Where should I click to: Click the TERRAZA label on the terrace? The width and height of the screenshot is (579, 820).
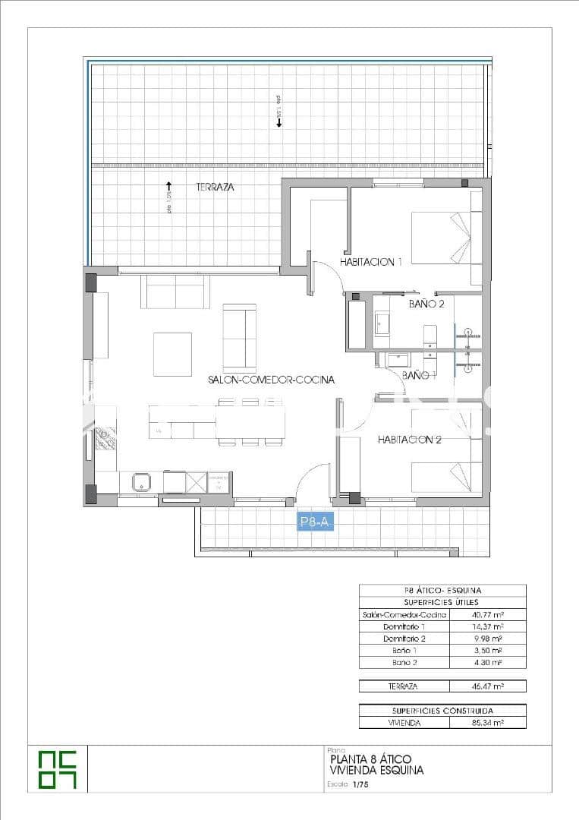click(x=215, y=187)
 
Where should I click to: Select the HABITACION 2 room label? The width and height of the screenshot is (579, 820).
click(x=409, y=440)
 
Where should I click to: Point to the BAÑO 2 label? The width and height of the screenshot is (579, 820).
click(x=426, y=304)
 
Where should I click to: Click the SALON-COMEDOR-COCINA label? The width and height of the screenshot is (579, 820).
click(x=271, y=380)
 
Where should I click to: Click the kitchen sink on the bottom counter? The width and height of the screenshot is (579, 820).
click(x=142, y=481)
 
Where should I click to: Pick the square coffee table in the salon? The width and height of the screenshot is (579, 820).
click(x=172, y=354)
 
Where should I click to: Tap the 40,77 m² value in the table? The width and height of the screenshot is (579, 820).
click(x=486, y=614)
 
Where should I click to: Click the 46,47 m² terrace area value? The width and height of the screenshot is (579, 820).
click(x=486, y=686)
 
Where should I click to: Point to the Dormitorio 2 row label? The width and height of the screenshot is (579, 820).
click(x=404, y=639)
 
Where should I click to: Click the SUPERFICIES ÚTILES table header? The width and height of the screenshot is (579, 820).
click(x=442, y=602)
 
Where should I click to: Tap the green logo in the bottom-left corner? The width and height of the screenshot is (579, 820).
click(x=58, y=768)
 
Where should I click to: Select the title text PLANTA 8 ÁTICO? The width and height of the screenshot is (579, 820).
click(x=371, y=759)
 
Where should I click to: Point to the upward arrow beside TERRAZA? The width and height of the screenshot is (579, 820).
click(x=168, y=184)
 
